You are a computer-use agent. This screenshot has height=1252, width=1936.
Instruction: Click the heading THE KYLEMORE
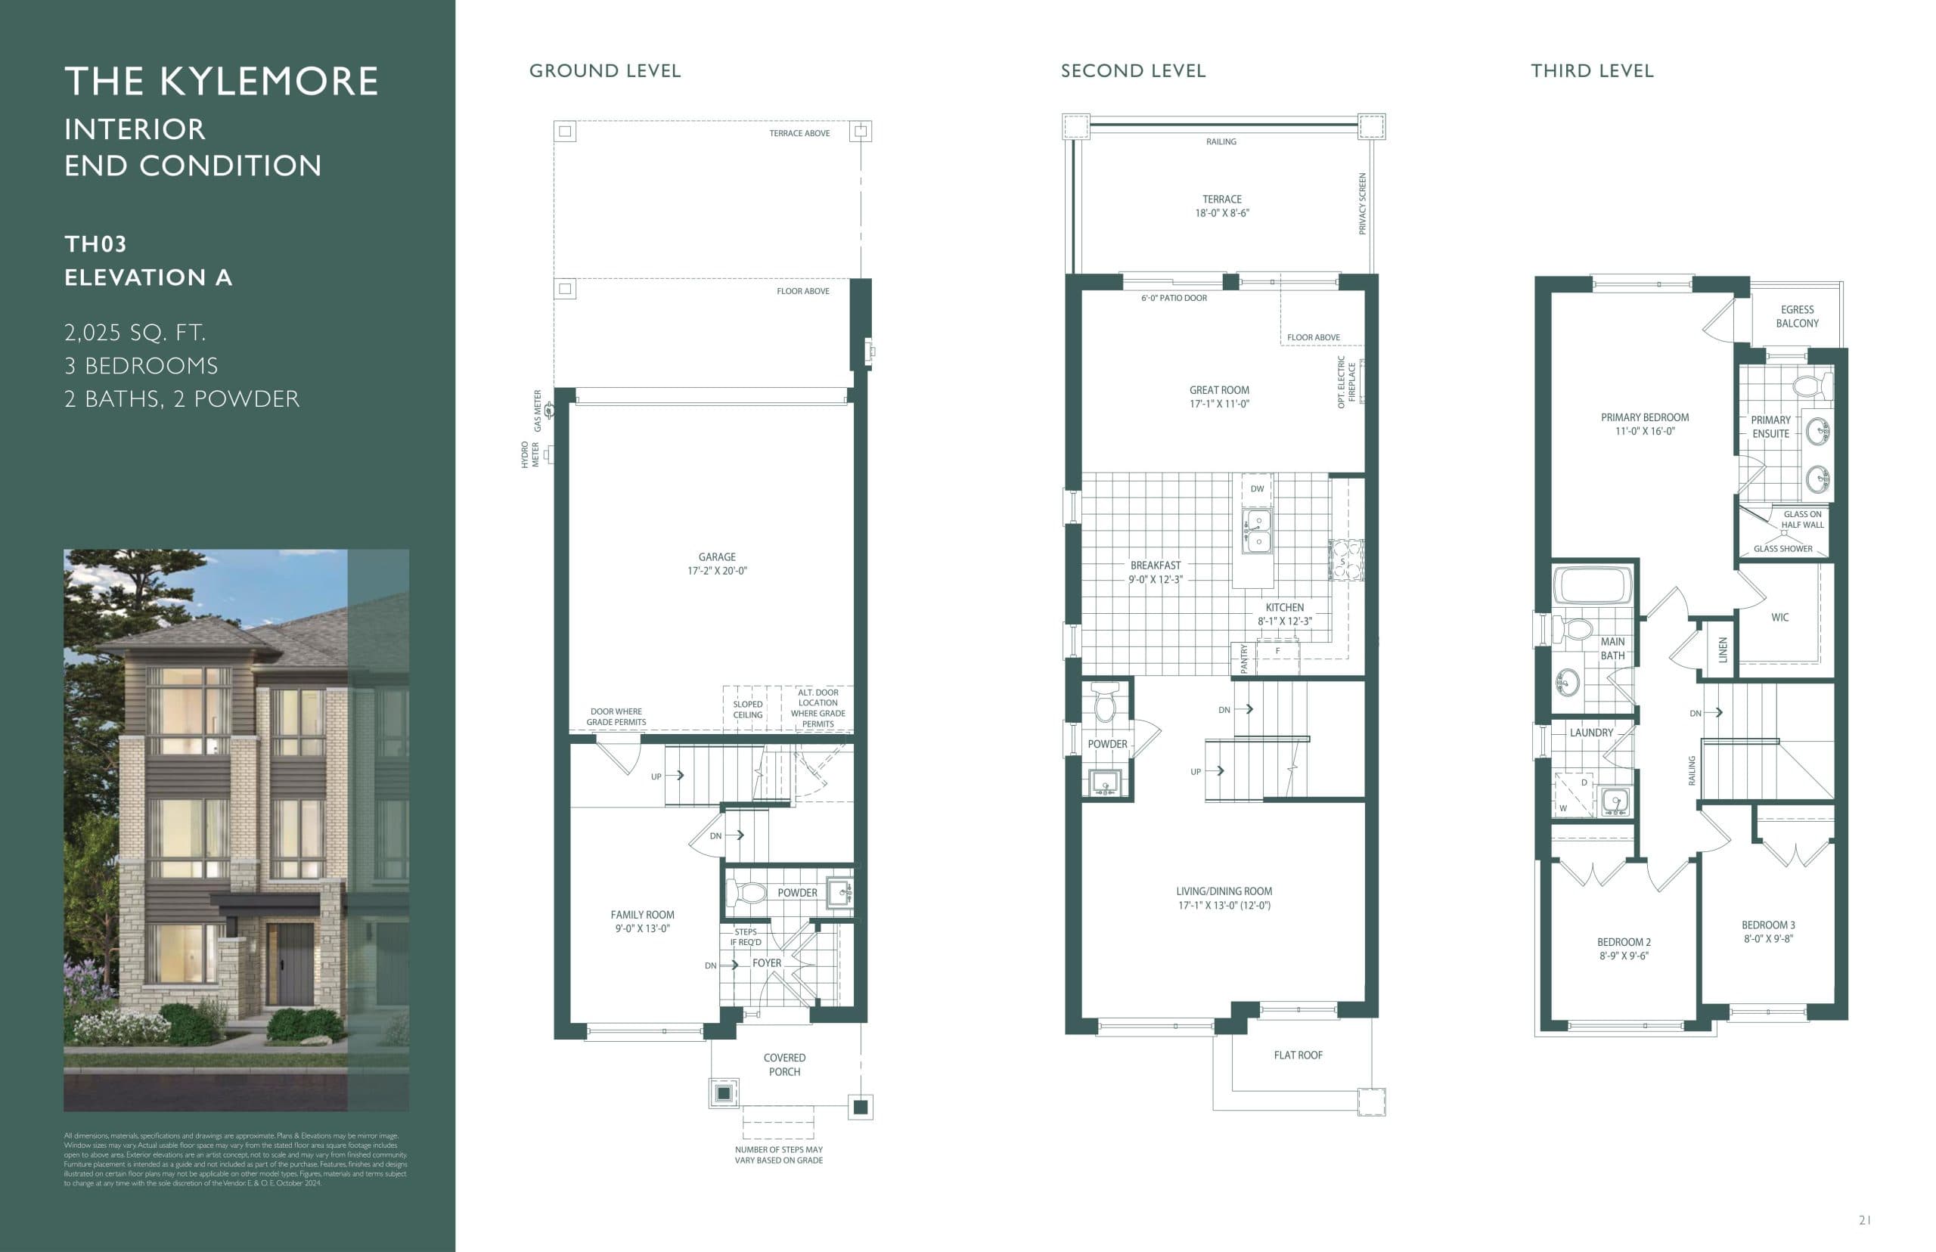tap(221, 82)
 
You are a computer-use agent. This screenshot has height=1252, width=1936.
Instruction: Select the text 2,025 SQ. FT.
tap(135, 333)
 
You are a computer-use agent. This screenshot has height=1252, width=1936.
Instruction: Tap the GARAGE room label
tap(716, 563)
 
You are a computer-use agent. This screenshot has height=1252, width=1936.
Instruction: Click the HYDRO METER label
tap(530, 454)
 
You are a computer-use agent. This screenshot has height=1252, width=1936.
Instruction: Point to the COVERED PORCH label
tap(783, 1065)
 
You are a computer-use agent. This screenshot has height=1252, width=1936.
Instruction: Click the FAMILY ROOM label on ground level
tap(642, 921)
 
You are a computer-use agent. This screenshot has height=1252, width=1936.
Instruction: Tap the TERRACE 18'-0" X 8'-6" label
tap(1221, 206)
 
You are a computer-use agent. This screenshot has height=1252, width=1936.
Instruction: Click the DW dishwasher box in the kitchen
tap(1257, 489)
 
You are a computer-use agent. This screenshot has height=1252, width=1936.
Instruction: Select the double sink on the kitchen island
tap(1257, 531)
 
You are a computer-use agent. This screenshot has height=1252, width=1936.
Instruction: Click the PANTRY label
tap(1243, 658)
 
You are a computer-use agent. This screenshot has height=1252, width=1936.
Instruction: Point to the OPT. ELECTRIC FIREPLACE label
tap(1346, 382)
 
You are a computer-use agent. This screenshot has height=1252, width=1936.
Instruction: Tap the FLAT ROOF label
tap(1298, 1055)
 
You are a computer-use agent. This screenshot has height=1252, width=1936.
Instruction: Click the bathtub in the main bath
tap(1592, 584)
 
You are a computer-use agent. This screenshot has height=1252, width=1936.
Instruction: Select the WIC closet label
tap(1780, 618)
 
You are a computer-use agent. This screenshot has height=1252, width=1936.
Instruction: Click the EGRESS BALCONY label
tap(1797, 316)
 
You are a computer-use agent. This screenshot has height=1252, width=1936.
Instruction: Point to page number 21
tap(1865, 1219)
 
